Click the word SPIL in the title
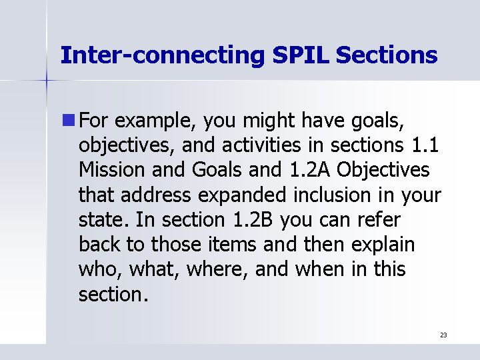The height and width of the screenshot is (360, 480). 301,55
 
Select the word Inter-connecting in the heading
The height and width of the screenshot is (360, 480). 163,56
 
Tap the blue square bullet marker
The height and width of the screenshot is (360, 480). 69,120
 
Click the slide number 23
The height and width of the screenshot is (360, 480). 443,335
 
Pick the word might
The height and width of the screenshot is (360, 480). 269,121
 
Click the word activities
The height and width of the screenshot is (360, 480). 261,145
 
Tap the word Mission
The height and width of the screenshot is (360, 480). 112,170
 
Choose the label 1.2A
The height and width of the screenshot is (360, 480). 309,170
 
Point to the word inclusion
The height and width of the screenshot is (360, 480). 332,195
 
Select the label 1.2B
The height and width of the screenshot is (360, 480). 253,219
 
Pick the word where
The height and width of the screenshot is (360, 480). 217,270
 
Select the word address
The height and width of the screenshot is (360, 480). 156,195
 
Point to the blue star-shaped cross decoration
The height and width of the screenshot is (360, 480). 47,80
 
